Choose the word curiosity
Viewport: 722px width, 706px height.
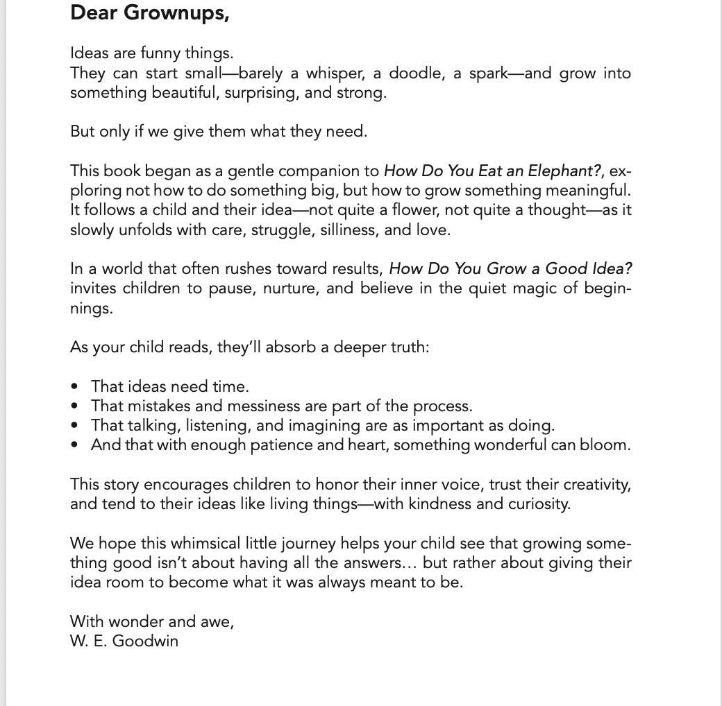click(537, 503)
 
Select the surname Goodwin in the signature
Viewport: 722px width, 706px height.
click(145, 641)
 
